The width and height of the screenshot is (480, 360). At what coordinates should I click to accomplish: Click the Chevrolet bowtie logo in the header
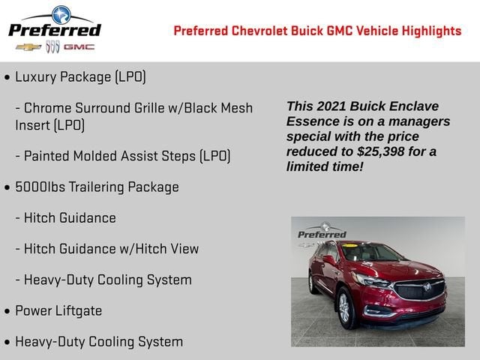point(28,46)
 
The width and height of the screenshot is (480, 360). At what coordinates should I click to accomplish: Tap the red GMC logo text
point(78,46)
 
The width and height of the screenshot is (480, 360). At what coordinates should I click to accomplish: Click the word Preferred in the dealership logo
point(54,30)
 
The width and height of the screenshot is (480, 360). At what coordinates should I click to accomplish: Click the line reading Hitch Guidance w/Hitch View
point(111,248)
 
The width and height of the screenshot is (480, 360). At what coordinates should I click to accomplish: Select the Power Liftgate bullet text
point(58,310)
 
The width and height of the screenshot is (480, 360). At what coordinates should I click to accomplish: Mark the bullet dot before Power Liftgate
point(7,311)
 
